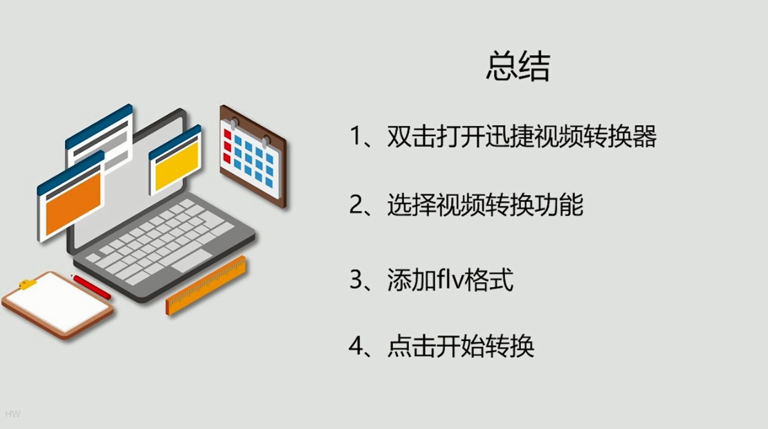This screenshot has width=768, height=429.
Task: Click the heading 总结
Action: pyautogui.click(x=518, y=68)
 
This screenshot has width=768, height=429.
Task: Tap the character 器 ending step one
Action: pyautogui.click(x=643, y=136)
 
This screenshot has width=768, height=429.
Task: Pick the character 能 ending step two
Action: pyautogui.click(x=570, y=205)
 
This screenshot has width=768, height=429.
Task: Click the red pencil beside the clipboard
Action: pyautogui.click(x=92, y=287)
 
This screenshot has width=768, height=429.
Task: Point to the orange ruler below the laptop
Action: pyautogui.click(x=206, y=285)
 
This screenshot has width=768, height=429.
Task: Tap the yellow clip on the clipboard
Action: pyautogui.click(x=28, y=284)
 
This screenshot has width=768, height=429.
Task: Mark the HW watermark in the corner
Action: pyautogui.click(x=13, y=414)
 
